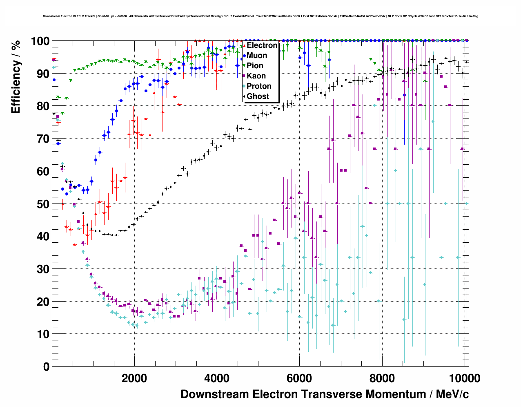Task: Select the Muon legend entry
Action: pyautogui.click(x=257, y=56)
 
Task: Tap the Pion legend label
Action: pyautogui.click(x=255, y=66)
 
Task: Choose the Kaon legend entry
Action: pyautogui.click(x=256, y=76)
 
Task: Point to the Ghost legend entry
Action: pyautogui.click(x=258, y=96)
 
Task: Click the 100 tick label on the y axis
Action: pyautogui.click(x=40, y=41)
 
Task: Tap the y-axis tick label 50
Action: pyautogui.click(x=43, y=204)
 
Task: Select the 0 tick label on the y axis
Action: pyautogui.click(x=46, y=367)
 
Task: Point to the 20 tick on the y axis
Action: pyautogui.click(x=43, y=302)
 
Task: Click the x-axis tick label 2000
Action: pyautogui.click(x=134, y=378)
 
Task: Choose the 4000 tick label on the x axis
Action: pyautogui.click(x=217, y=378)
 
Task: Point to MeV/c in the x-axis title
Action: pyautogui.click(x=452, y=394)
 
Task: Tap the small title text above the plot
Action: pyautogui.click(x=260, y=16)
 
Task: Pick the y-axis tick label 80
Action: pyautogui.click(x=43, y=106)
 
